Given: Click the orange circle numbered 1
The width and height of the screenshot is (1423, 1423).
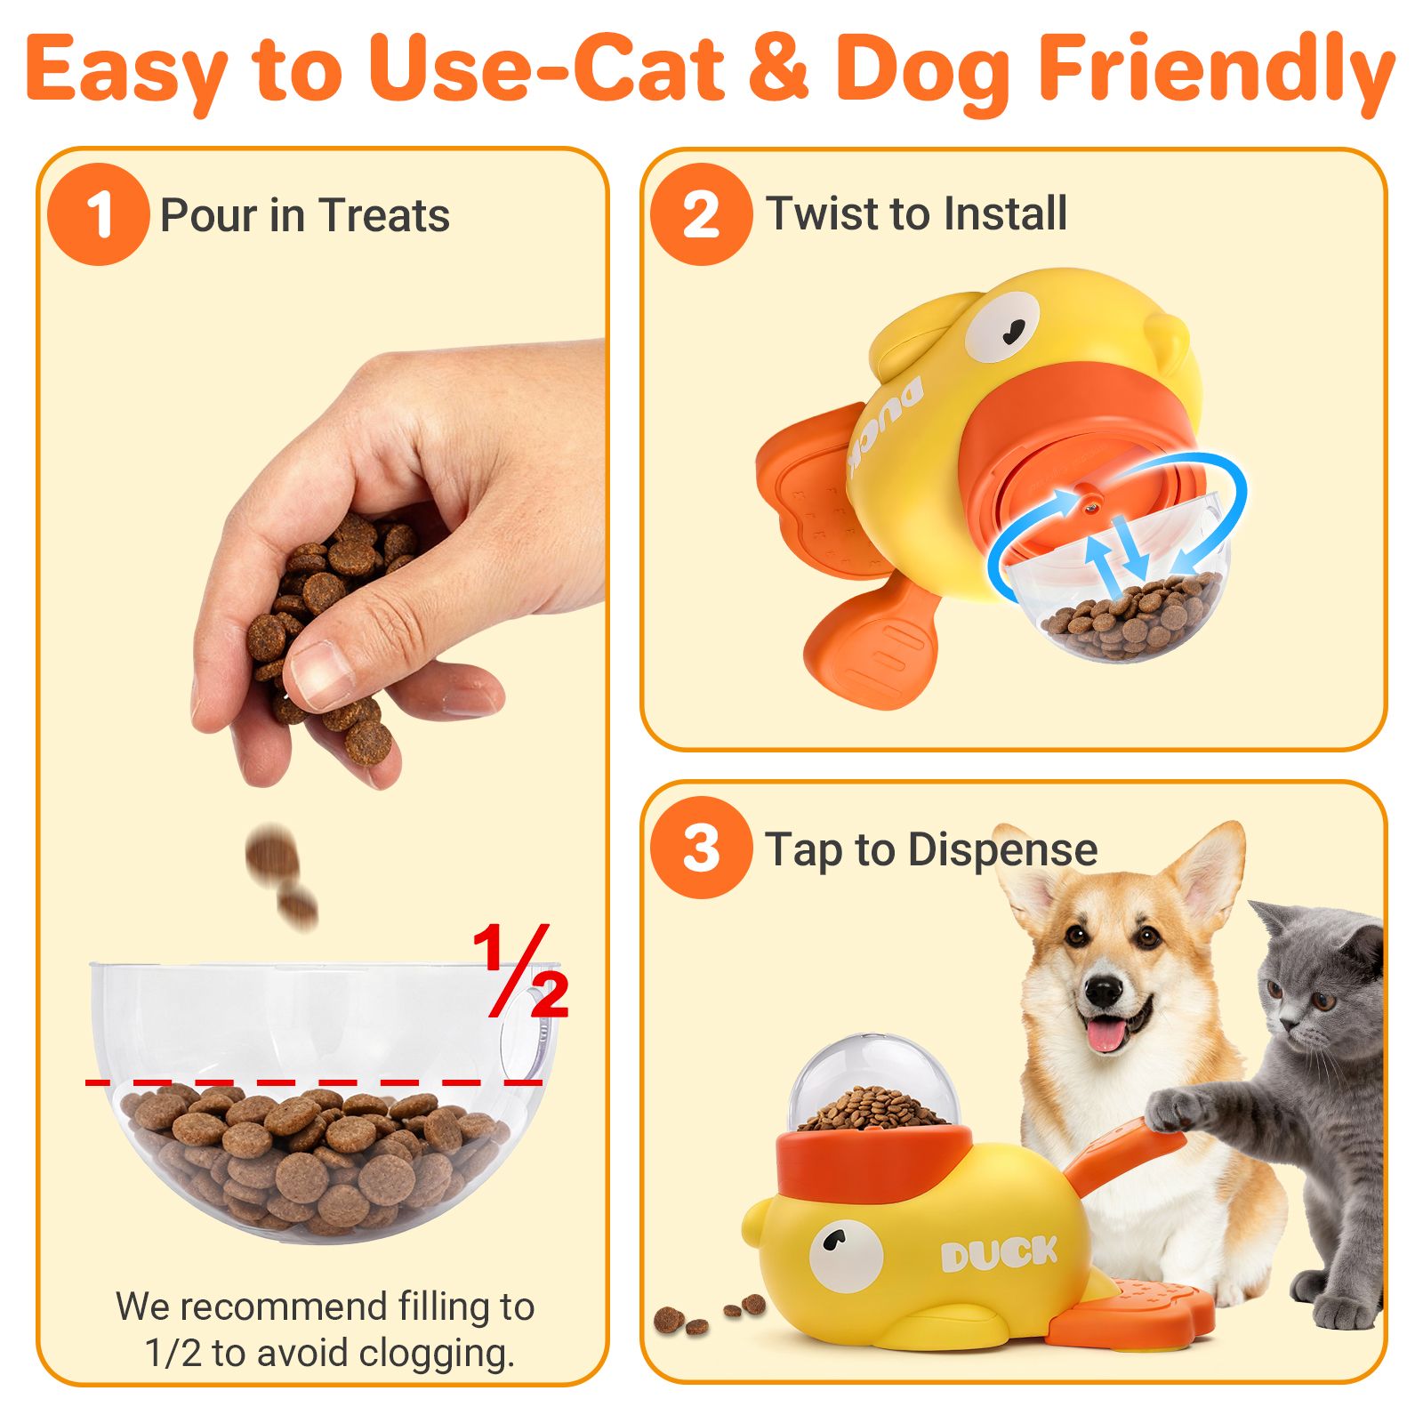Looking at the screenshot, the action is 98,214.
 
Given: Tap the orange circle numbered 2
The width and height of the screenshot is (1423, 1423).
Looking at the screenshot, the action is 701,214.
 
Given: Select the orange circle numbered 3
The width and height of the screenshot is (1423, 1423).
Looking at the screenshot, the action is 701,848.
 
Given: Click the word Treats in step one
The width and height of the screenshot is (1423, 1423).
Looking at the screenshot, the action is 385,215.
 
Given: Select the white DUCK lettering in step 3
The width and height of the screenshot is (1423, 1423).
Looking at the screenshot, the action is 999,1254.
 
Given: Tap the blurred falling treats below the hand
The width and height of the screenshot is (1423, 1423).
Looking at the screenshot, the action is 281,876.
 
